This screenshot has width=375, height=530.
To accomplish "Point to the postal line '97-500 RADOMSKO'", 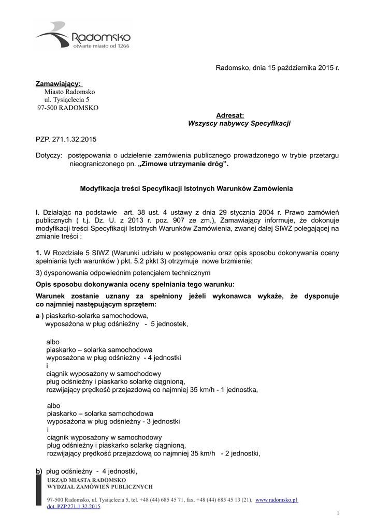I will pos(67,108).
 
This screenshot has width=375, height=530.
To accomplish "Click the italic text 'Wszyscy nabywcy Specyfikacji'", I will pos(239,124).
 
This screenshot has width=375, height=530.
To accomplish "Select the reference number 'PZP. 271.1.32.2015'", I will pos(66,140).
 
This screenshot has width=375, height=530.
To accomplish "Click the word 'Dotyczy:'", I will pos(49,156).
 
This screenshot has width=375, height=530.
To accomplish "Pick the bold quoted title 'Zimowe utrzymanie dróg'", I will pos(184,164).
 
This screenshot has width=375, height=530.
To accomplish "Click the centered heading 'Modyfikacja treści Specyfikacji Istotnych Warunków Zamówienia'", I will pos(186,189).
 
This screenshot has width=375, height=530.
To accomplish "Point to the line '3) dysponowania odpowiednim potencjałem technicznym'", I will pos(123,272).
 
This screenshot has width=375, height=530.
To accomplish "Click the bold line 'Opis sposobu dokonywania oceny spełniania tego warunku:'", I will pos(135,284).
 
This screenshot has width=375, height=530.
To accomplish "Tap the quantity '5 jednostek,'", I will pos(169,324).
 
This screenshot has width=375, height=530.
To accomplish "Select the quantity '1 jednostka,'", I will pos(239,389).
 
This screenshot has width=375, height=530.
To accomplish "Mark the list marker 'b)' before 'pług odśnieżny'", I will pos(39,471).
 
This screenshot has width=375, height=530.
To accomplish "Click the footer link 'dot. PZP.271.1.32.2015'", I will pos(74,507).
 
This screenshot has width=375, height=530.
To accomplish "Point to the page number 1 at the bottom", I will pos(337,512).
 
